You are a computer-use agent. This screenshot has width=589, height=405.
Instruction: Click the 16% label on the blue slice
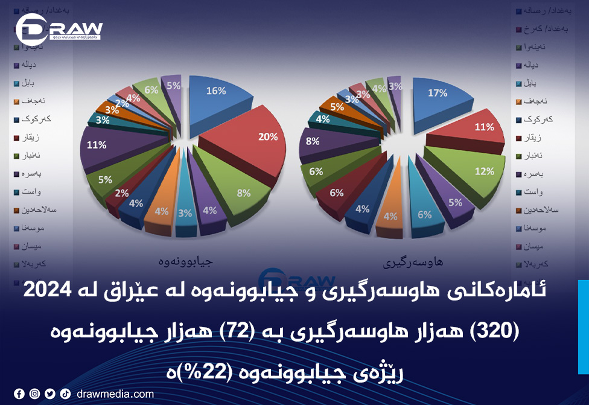point(215,91)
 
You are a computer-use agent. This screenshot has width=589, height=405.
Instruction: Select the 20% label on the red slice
point(268,137)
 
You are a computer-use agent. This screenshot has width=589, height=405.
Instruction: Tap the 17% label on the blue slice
point(438,93)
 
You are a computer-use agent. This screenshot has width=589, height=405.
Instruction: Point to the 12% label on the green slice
point(484,171)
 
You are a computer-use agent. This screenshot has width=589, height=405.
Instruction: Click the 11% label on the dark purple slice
point(97,145)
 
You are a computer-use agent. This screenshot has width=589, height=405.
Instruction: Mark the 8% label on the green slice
point(244,193)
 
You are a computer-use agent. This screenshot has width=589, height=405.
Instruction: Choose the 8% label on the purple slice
point(313,141)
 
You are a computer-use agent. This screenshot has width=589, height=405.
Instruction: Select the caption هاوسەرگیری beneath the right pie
point(413,263)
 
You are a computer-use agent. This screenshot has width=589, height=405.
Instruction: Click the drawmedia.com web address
point(115,394)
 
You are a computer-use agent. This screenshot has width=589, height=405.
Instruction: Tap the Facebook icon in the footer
point(19,394)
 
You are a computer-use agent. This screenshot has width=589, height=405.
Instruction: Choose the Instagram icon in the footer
point(34,394)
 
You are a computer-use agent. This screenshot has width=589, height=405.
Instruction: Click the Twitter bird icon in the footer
point(49,394)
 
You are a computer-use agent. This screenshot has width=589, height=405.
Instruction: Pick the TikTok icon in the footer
point(65,394)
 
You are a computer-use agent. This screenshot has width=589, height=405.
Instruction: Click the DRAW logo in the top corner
point(59,29)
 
